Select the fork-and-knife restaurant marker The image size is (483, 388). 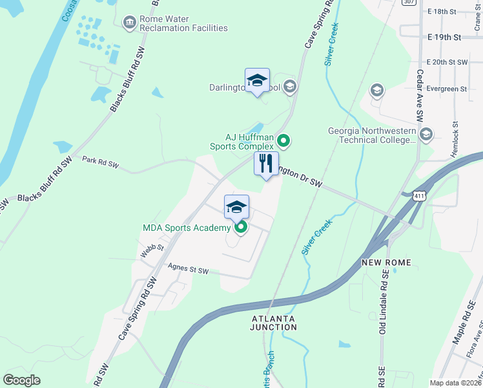click(x=266, y=166)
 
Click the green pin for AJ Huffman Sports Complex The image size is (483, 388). click(x=283, y=140)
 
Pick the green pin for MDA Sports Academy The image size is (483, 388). click(x=241, y=228)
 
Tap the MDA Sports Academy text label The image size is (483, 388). click(x=187, y=228)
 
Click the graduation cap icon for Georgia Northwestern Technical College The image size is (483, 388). click(x=426, y=135)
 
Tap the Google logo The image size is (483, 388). click(x=21, y=380)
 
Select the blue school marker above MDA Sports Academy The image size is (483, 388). click(x=237, y=207)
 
